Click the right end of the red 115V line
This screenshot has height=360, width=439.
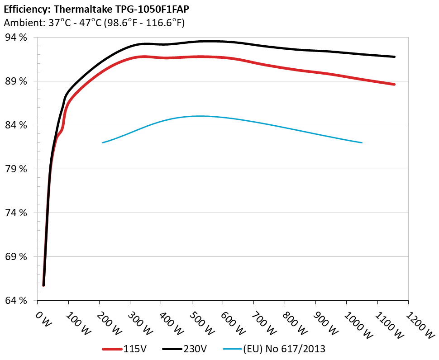click(394, 84)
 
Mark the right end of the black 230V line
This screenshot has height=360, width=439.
click(394, 57)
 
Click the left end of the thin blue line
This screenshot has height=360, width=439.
click(103, 142)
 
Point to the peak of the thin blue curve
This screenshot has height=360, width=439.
click(199, 116)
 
